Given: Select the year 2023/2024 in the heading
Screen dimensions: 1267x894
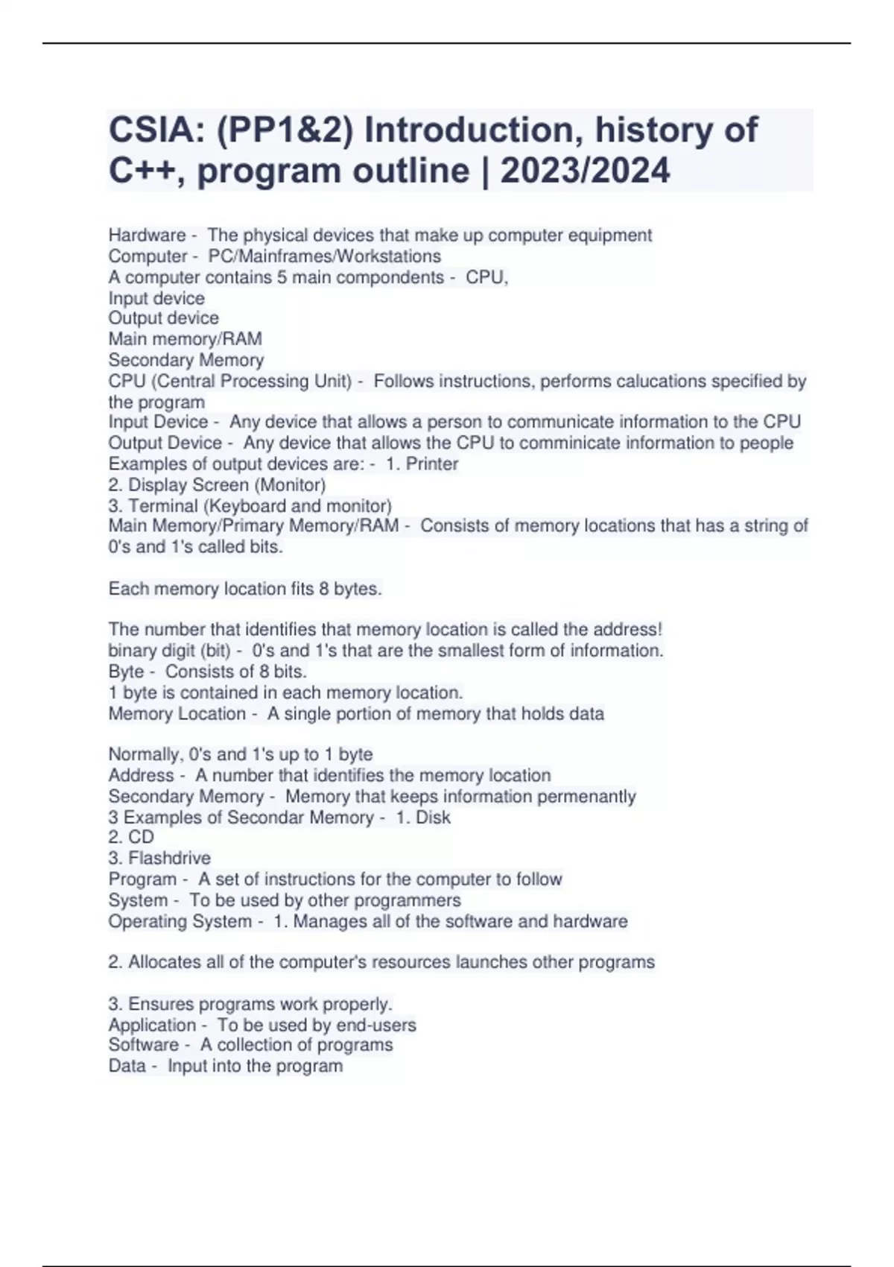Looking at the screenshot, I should coord(585,171).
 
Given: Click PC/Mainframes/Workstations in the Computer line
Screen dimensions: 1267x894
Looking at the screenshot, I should coord(324,256).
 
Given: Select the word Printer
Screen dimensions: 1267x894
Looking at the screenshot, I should coord(431,464).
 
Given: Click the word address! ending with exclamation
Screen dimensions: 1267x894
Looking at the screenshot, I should coord(627,629).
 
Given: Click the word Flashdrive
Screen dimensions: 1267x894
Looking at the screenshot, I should coord(169,858).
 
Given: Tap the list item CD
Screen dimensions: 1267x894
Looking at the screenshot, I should coord(141,837).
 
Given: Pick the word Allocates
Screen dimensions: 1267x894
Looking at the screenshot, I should coord(165,962).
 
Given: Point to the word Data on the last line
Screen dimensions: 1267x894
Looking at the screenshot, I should coord(127,1066).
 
